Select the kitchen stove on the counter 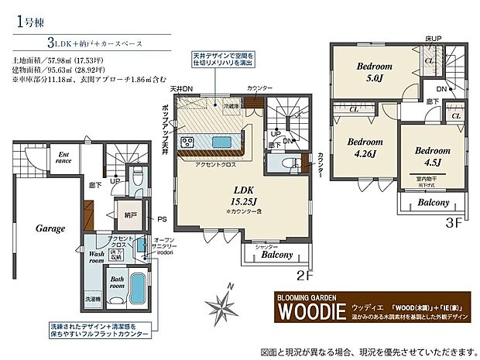point(187,141)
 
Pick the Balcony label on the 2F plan point(277,254)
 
